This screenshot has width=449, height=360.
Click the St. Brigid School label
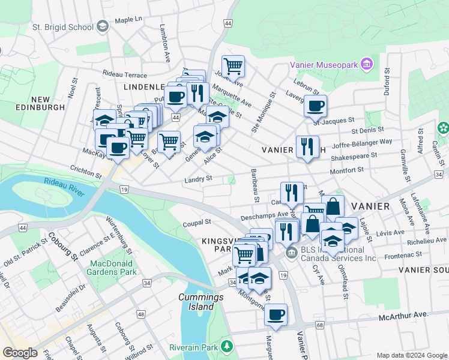click(62, 27)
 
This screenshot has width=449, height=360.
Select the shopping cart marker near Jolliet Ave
click(233, 65)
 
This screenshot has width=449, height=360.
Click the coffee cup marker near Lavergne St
click(315, 106)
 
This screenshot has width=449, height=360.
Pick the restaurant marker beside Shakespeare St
click(307, 146)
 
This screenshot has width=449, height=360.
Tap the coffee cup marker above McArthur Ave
click(276, 314)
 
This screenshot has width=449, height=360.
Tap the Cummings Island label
click(196, 302)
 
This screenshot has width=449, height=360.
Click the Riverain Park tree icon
click(227, 346)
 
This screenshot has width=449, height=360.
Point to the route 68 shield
click(319, 325)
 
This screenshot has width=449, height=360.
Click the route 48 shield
click(140, 314)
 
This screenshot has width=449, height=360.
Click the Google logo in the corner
click(20, 353)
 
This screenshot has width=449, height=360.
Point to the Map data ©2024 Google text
click(411, 355)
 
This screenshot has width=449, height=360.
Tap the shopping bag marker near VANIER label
click(335, 207)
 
